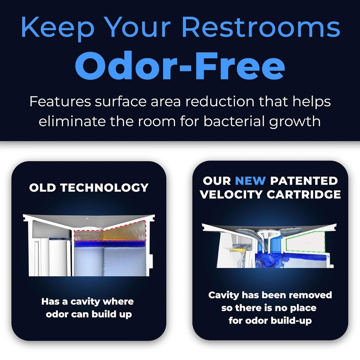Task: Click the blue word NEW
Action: [250, 181]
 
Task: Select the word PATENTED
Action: [304, 181]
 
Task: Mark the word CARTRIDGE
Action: [304, 194]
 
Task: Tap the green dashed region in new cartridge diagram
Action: [304, 243]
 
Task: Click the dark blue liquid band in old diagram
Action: [109, 243]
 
